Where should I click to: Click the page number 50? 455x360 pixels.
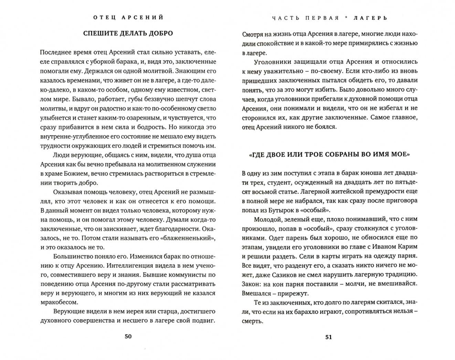(128, 337)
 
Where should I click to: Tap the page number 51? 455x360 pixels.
(329, 337)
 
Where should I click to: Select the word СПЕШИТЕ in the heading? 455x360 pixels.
(99, 33)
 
